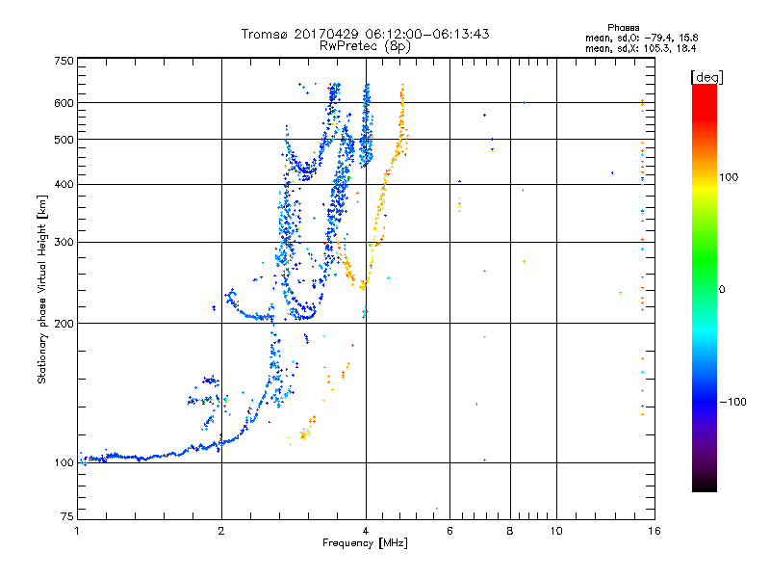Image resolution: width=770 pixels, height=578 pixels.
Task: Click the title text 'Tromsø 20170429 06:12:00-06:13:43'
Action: (x=366, y=34)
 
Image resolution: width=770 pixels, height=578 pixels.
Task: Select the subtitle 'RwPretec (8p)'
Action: (x=366, y=45)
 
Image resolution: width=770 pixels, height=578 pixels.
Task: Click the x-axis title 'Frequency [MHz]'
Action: (x=365, y=544)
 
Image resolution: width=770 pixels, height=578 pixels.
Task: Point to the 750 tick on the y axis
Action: (x=64, y=61)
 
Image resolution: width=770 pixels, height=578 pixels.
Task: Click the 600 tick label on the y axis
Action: (x=64, y=103)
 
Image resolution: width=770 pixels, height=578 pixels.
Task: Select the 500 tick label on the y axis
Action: (x=64, y=140)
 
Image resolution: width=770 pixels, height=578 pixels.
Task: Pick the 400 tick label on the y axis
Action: (x=64, y=184)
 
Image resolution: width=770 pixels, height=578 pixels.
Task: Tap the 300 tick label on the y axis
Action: (x=64, y=242)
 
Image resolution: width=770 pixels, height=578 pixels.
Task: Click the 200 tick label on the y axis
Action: (x=64, y=323)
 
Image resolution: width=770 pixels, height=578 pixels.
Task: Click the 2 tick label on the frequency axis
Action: (x=221, y=531)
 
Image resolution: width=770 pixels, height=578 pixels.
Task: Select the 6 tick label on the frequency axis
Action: (x=449, y=531)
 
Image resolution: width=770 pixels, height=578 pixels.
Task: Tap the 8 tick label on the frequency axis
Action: (x=509, y=531)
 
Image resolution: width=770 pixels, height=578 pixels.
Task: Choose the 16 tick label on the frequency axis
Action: (x=654, y=531)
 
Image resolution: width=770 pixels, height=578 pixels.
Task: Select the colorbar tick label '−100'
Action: (x=731, y=401)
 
